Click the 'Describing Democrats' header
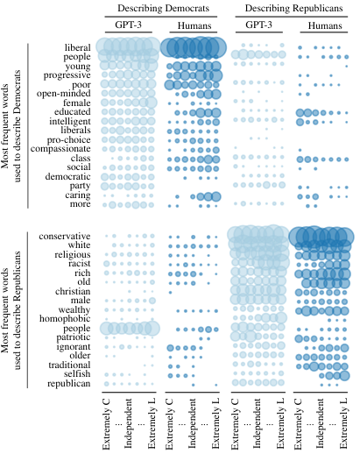coord(163,8)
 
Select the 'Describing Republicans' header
coord(293,8)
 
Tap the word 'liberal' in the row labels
coord(78,47)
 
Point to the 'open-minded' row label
coord(64,94)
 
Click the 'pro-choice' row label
coord(69,139)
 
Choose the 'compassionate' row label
coord(60,149)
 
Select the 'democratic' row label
coord(67,176)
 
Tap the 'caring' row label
coord(78,195)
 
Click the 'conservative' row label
coord(65,236)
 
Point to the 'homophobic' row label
coord(65,318)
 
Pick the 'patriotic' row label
coord(74,337)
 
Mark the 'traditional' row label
coord(69,365)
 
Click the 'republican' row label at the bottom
coord(69,384)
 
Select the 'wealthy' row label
coord(74,309)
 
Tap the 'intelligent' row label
coord(70,121)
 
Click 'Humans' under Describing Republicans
coord(325,25)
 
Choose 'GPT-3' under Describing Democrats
coord(129,25)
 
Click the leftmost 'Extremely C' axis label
coord(106,423)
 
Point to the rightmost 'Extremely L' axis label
coord(343,423)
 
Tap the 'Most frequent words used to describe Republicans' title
coord(11,310)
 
